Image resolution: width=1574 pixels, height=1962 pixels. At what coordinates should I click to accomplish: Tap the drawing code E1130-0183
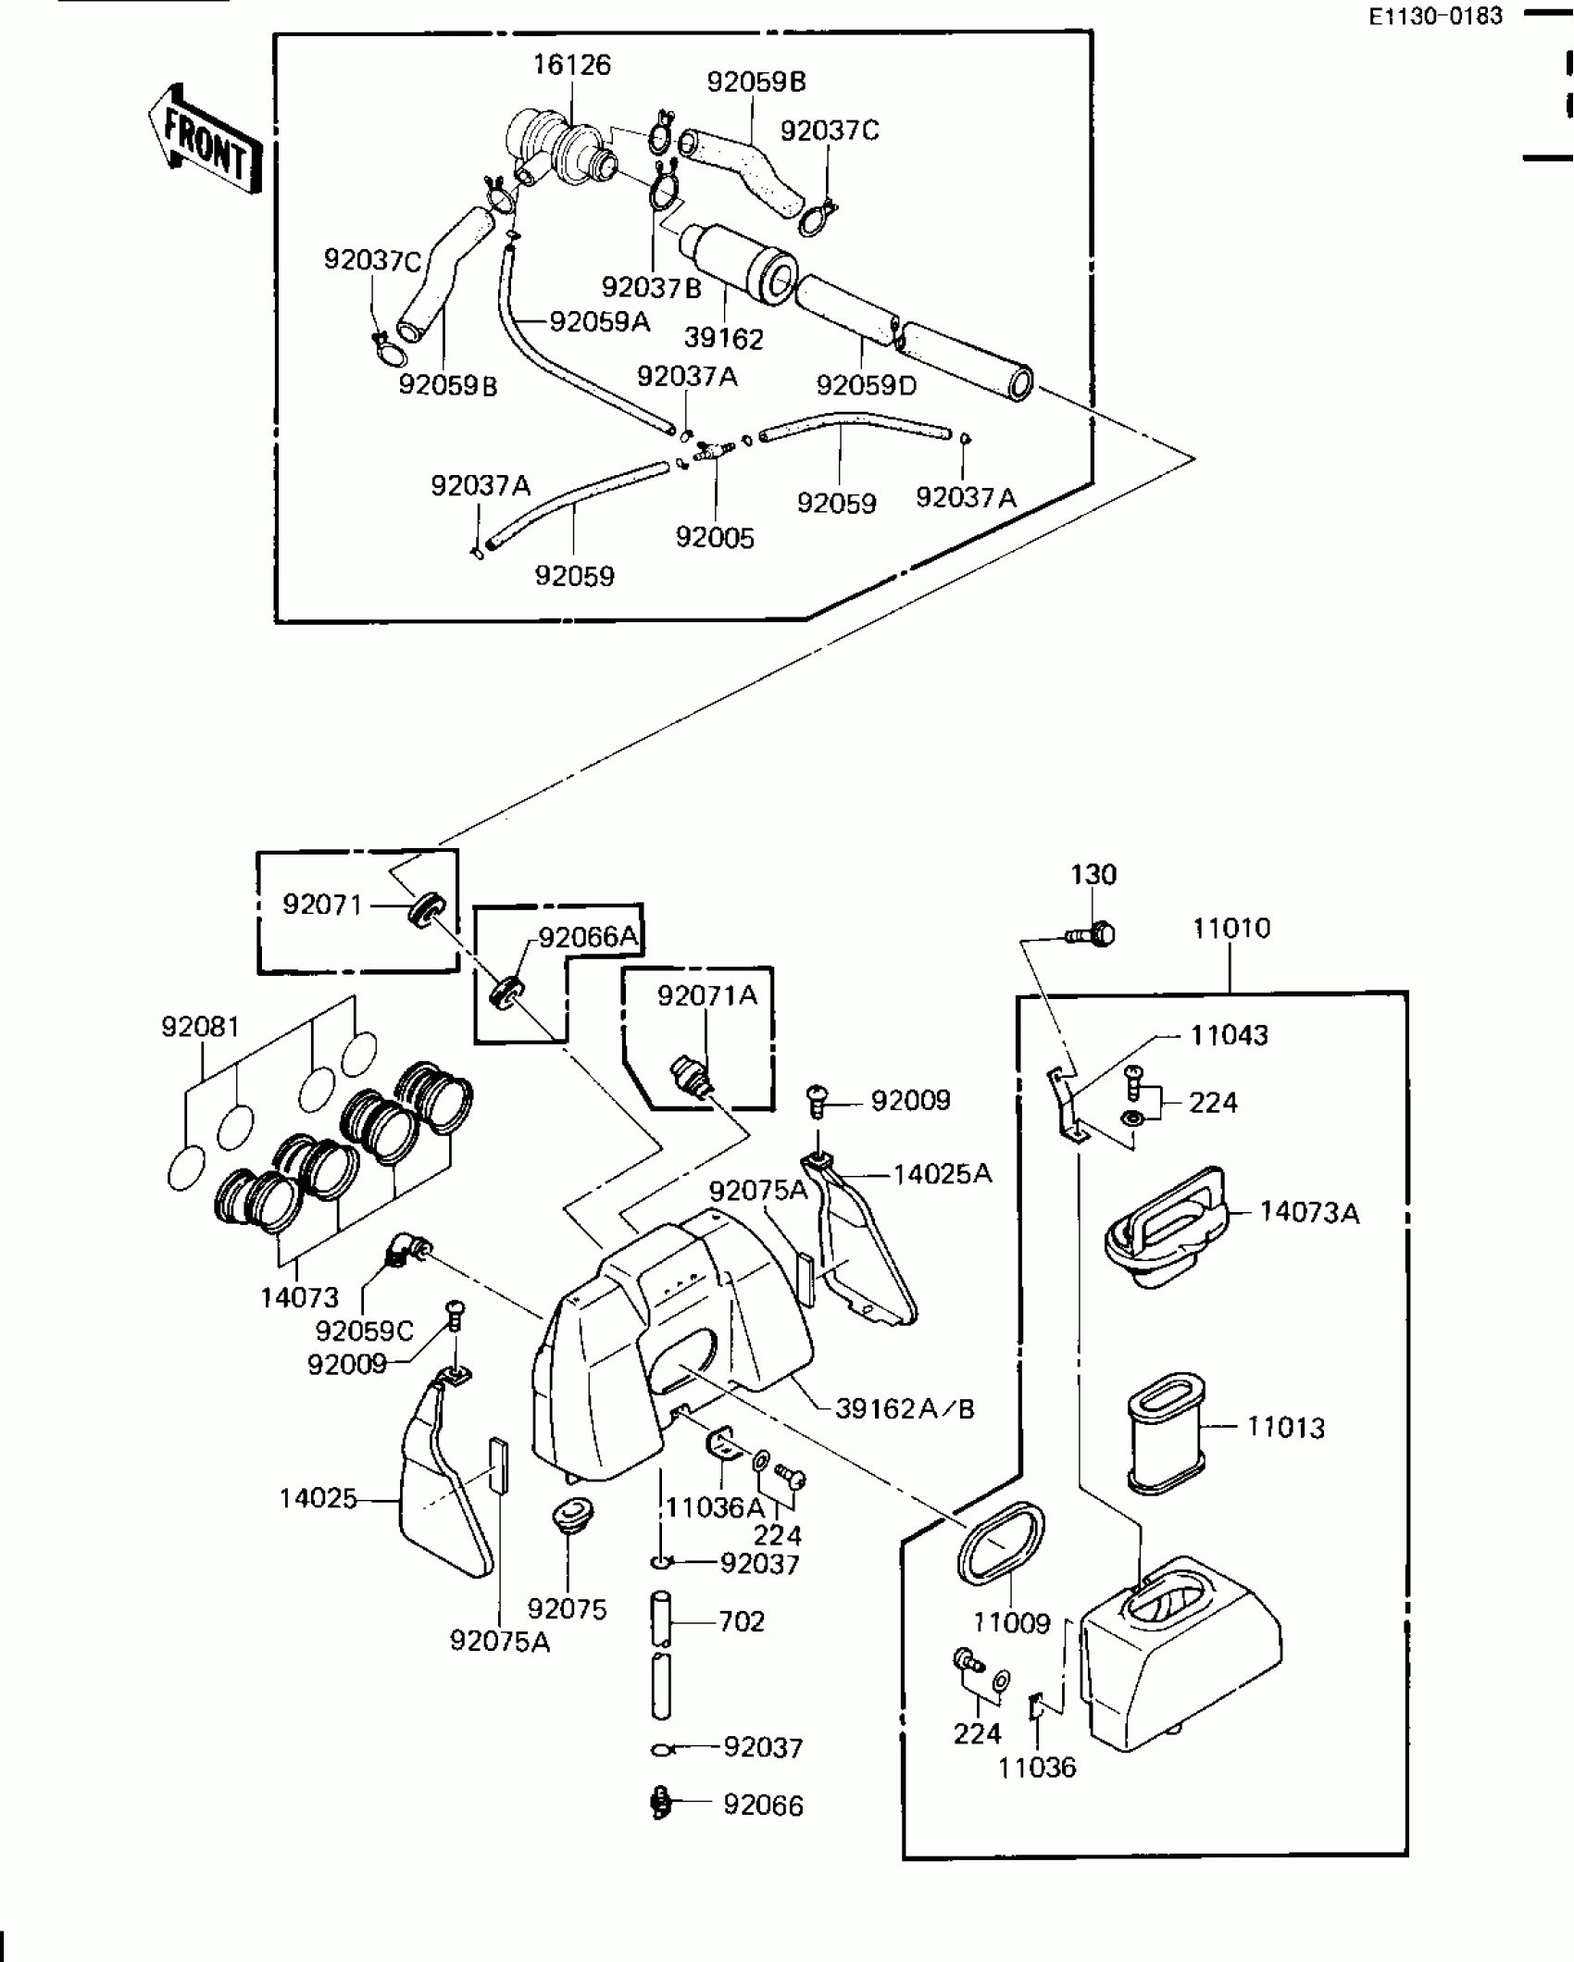[1435, 16]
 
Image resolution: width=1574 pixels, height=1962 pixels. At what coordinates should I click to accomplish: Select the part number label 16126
[571, 65]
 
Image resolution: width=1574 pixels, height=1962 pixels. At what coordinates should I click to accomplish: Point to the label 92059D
[866, 385]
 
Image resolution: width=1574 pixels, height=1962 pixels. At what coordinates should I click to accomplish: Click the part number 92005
[715, 538]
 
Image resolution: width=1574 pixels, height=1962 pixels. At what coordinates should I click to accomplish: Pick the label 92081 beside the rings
[200, 1027]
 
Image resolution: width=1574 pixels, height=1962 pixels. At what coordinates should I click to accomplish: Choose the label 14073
[299, 1297]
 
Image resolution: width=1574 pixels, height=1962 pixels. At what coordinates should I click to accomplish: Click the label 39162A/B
[905, 1408]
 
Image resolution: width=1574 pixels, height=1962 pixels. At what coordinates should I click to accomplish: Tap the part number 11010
[1231, 928]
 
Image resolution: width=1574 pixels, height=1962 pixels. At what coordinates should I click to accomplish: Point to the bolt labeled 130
[1093, 934]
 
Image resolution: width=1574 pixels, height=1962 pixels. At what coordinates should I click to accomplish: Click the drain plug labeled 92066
[661, 1803]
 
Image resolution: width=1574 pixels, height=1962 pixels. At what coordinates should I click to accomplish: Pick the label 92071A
[706, 995]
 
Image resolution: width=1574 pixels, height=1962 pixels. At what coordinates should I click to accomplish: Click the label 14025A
[943, 1174]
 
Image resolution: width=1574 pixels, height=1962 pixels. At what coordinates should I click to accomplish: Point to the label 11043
[1229, 1035]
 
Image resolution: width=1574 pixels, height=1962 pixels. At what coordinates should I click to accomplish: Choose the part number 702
[742, 1621]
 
